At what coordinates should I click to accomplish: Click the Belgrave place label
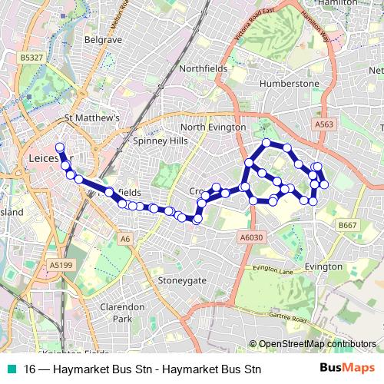click(x=103, y=38)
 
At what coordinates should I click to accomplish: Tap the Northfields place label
click(x=204, y=68)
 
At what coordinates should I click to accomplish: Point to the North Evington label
click(x=213, y=127)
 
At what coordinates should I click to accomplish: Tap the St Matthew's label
click(x=92, y=118)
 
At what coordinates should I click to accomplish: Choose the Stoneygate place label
click(x=182, y=280)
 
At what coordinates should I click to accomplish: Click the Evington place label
click(x=323, y=266)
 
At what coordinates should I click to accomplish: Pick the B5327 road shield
click(x=31, y=57)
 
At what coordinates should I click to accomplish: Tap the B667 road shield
click(x=348, y=225)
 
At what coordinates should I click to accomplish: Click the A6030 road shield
click(x=251, y=238)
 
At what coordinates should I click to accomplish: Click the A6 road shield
click(x=125, y=240)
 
